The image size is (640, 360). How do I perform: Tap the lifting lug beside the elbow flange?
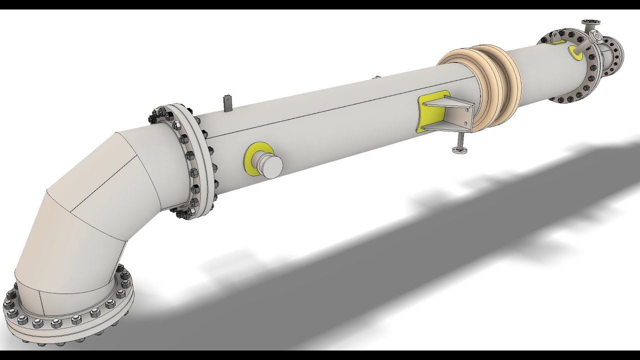[x=227, y=102]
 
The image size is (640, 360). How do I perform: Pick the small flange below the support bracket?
[x=459, y=149]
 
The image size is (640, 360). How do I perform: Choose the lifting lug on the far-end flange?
[x=555, y=36]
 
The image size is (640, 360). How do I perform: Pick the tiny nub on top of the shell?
[x=377, y=77]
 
